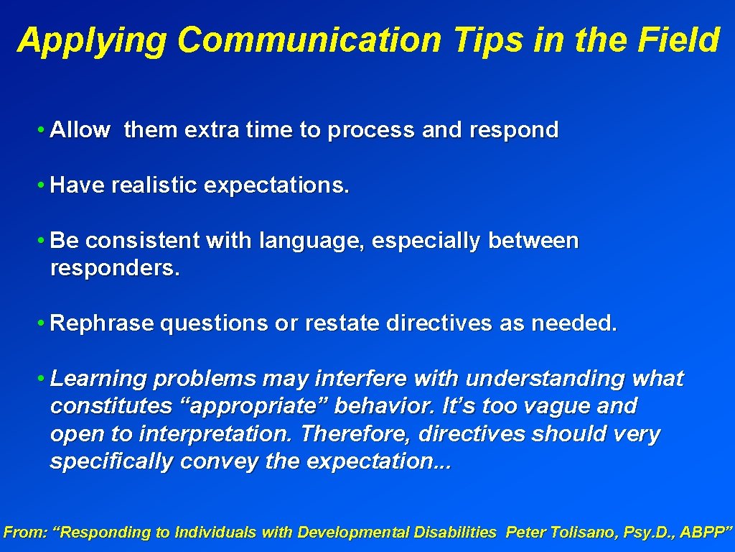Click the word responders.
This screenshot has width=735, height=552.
[x=115, y=269]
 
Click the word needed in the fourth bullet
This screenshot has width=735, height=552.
[x=574, y=323]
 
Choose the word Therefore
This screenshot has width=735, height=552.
[x=356, y=434]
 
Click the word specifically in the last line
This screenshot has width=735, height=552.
[x=111, y=461]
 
